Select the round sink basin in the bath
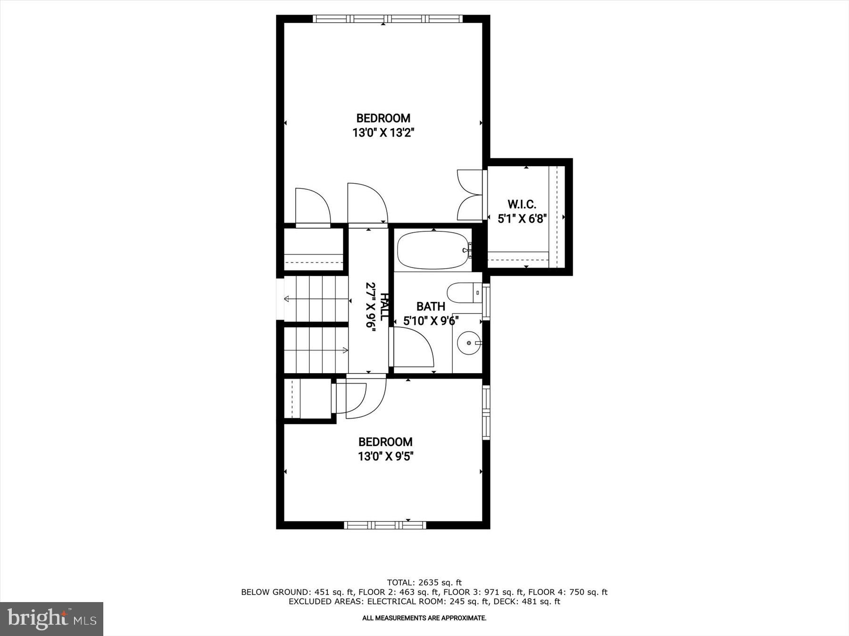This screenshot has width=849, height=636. coord(469,342)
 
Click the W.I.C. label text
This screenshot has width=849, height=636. coord(522,204)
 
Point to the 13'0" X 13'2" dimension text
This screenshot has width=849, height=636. coord(383,133)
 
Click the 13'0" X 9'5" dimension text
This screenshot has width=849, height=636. coord(385,457)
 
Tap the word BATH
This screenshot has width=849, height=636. coord(431,307)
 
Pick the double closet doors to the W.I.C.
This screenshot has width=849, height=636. coord(469,195)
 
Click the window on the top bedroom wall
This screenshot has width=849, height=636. coord(387,19)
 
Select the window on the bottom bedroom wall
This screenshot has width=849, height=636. coord(385,525)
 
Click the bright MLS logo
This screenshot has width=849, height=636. coord(51,619)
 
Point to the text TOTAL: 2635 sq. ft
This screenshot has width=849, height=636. coord(424,583)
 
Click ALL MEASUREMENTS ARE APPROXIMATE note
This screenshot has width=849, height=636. coord(424,618)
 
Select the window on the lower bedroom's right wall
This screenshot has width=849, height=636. coord(486,413)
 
